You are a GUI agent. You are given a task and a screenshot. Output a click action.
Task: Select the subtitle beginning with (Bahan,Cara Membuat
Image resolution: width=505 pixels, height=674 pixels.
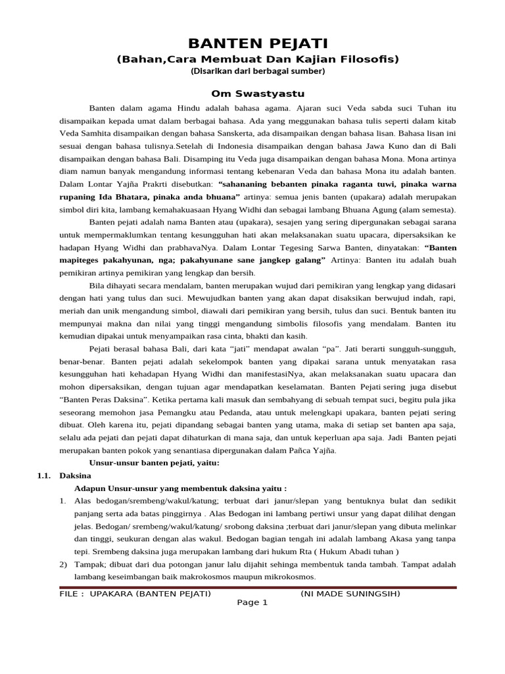(x=257, y=59)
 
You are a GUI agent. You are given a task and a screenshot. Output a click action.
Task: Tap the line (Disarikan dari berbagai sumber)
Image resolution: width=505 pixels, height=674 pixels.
(x=257, y=71)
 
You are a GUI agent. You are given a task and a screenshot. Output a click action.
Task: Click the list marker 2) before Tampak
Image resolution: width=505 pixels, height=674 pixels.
(x=64, y=565)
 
